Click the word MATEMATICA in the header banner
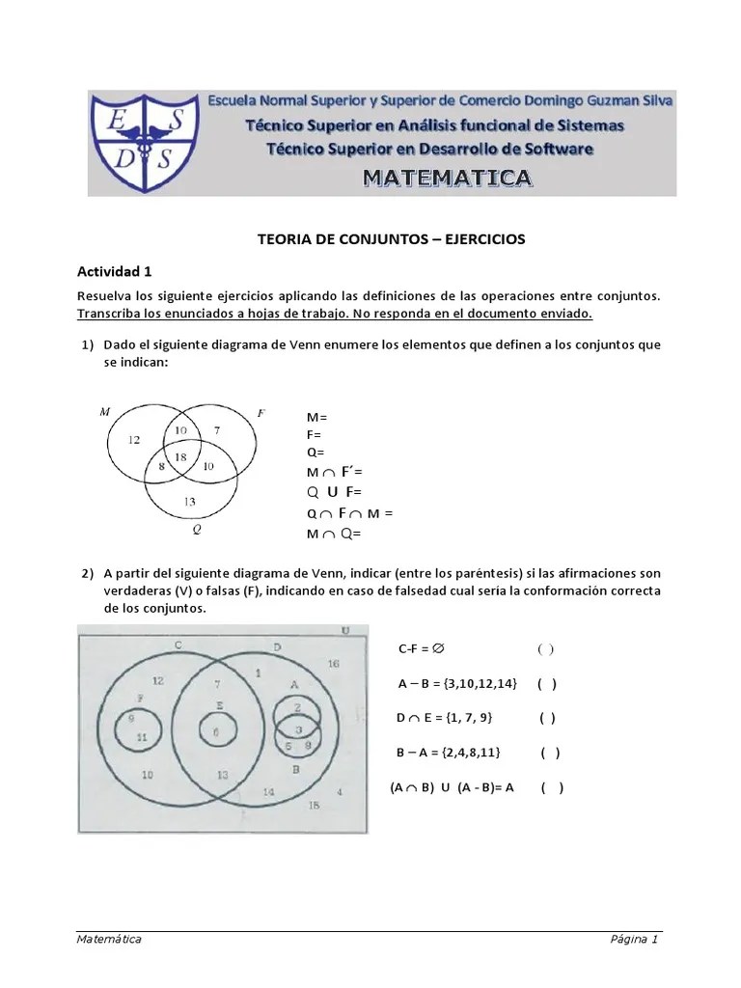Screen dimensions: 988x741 coord(447,178)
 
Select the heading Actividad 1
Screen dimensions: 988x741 coord(114,271)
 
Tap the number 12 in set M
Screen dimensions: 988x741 coord(135,440)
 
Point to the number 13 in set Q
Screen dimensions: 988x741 coord(189,501)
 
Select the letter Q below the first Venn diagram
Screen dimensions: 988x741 coord(196,530)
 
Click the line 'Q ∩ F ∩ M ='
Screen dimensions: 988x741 coord(350,513)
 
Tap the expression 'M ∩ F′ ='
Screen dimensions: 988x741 coord(334,472)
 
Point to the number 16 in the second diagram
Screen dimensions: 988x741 coord(333,664)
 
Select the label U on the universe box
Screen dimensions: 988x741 coord(344,632)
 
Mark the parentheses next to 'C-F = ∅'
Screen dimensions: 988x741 coord(545,649)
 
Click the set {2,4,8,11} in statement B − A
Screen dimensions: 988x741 coord(477,753)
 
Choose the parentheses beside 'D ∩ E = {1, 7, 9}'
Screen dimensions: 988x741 coord(547,717)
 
